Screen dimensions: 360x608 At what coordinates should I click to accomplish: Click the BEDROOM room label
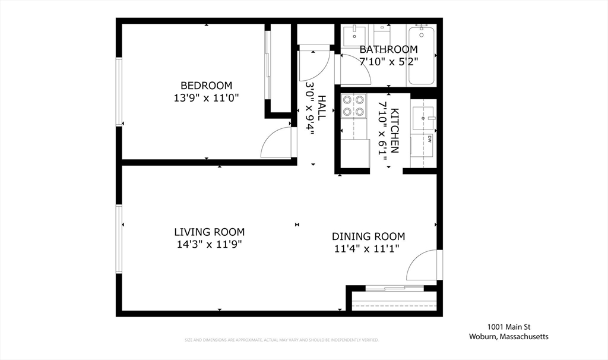click(x=206, y=86)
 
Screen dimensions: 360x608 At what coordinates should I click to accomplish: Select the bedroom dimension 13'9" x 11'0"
click(x=206, y=97)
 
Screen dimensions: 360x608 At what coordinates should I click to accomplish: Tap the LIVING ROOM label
click(x=209, y=232)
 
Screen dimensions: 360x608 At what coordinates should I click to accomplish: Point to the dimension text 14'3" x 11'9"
click(x=209, y=244)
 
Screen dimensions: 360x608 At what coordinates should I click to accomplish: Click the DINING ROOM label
click(x=368, y=236)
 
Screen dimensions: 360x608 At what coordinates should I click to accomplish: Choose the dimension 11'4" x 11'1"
click(x=367, y=248)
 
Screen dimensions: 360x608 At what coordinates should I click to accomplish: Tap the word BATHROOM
click(x=388, y=49)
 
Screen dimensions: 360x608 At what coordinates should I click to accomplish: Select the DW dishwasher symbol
click(x=429, y=140)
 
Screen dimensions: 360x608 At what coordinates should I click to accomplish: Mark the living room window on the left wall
click(x=119, y=239)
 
